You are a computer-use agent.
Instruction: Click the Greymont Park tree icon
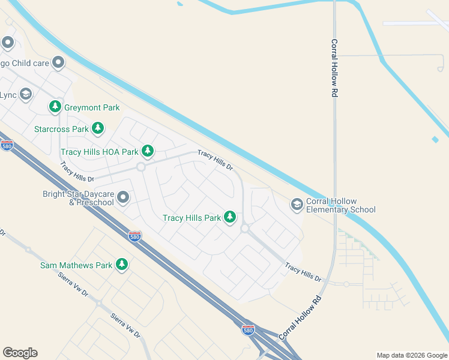56,107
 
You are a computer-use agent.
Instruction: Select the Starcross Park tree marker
98,128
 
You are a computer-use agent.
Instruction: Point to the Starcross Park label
61,129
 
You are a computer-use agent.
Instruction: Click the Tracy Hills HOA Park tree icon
148,152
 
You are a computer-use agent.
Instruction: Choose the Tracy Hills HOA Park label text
99,152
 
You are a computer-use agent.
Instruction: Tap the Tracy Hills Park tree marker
230,217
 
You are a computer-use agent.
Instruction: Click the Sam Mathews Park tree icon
122,265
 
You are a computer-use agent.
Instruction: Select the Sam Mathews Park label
76,265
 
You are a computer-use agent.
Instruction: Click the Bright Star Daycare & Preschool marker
123,197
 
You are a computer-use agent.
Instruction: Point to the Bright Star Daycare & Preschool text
78,198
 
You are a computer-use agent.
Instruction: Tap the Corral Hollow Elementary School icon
297,205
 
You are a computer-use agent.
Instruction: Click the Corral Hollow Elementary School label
340,205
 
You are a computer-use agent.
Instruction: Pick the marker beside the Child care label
58,62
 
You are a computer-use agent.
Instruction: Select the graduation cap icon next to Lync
25,95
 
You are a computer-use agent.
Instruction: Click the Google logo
20,353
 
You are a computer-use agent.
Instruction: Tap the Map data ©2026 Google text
411,355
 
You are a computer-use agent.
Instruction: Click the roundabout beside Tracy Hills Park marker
245,229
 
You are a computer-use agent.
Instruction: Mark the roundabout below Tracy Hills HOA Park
141,167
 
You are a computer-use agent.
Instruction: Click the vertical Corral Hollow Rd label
334,68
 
